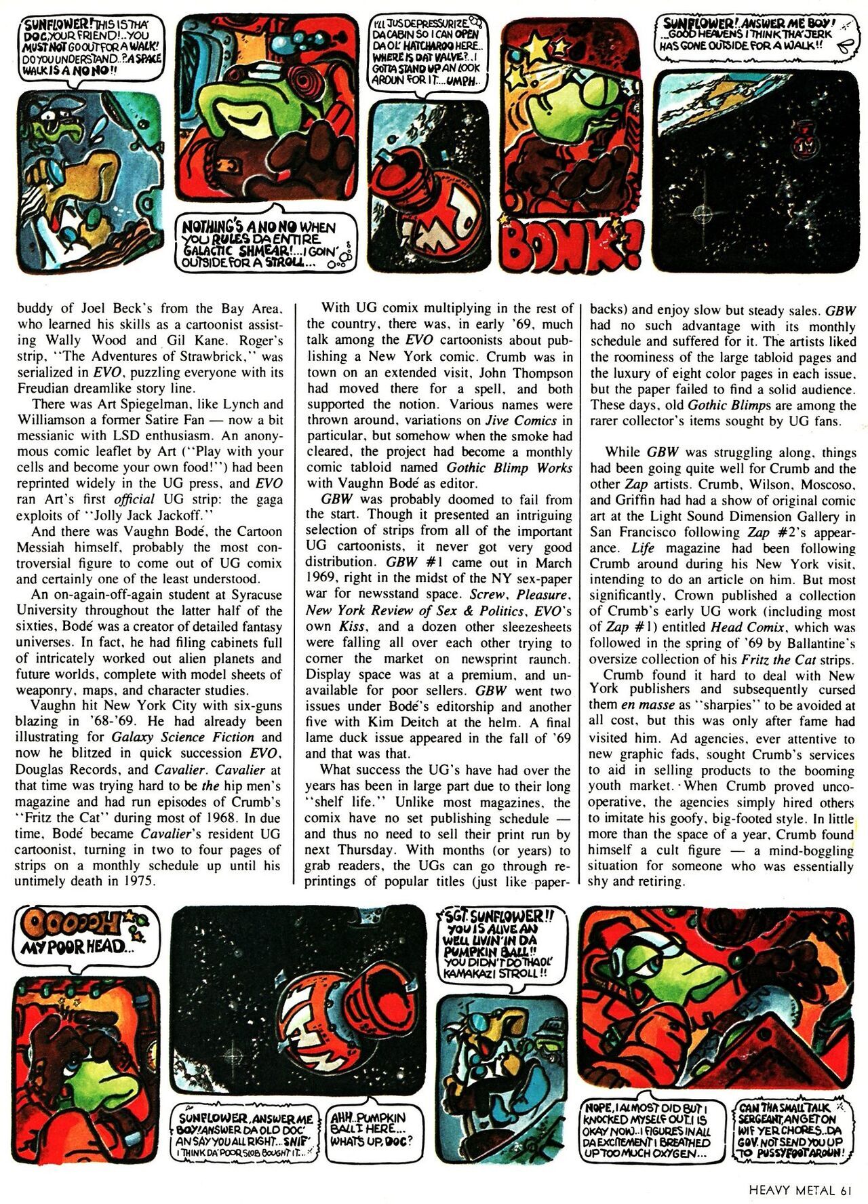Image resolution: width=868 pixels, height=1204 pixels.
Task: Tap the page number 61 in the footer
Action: coord(844,1189)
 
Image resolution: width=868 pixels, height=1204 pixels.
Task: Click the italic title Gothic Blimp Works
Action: coord(509,467)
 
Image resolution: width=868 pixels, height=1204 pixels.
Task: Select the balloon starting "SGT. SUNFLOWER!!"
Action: coord(500,944)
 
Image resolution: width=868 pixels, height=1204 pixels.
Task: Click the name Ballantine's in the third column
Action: coord(819,643)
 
